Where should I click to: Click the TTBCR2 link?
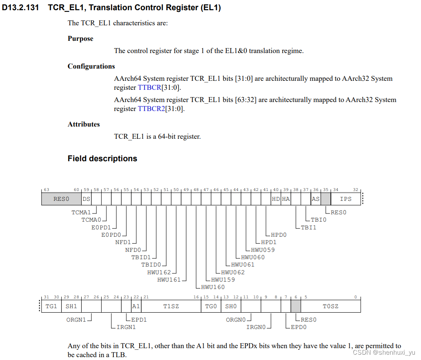pos(151,109)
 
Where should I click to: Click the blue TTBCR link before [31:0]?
pos(149,87)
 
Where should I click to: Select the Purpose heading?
pos(80,39)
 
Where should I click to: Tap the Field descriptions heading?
pos(102,158)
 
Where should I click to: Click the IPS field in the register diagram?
pos(346,199)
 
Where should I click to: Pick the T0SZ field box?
pos(330,306)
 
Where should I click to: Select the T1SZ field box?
pos(171,306)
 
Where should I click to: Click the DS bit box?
pos(86,199)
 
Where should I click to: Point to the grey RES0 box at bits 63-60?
pos(62,199)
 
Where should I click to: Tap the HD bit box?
pos(276,199)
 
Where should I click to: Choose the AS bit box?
pos(315,199)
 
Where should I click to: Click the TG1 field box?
pos(51,306)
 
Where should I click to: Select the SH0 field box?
pos(231,306)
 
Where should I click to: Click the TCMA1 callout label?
pos(81,212)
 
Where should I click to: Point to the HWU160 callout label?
pos(213,287)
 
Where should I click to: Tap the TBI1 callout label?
pos(308,227)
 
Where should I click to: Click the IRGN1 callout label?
pos(126,327)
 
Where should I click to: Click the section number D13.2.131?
pos(21,7)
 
